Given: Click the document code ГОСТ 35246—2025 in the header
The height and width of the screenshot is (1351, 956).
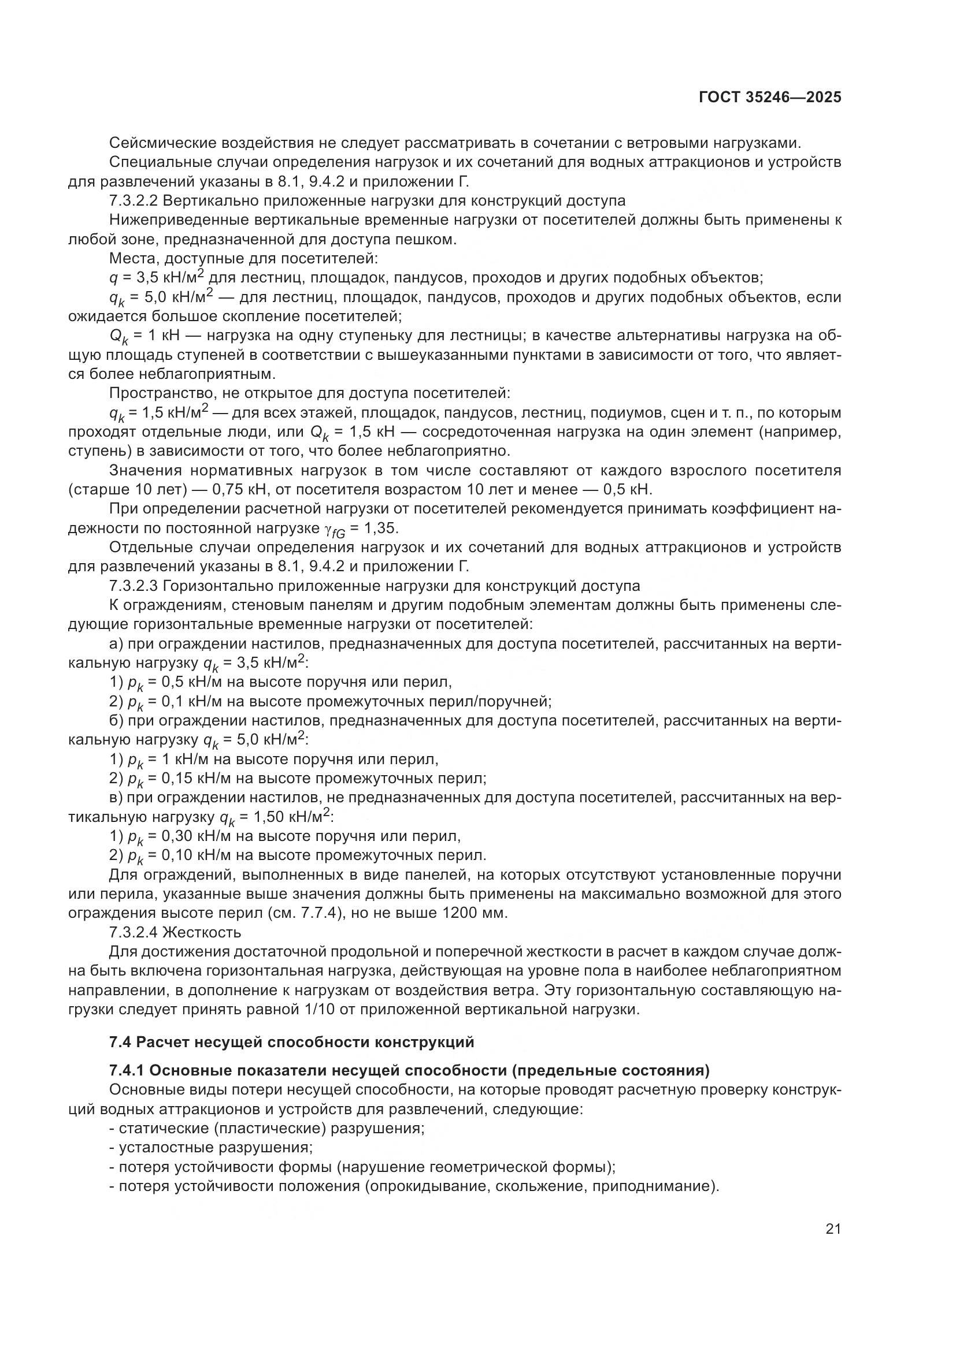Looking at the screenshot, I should coord(770,98).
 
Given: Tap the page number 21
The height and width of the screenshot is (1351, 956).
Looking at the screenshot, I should coord(833,1229).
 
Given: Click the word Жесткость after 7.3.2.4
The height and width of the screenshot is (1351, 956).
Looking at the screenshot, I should coord(202,932).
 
